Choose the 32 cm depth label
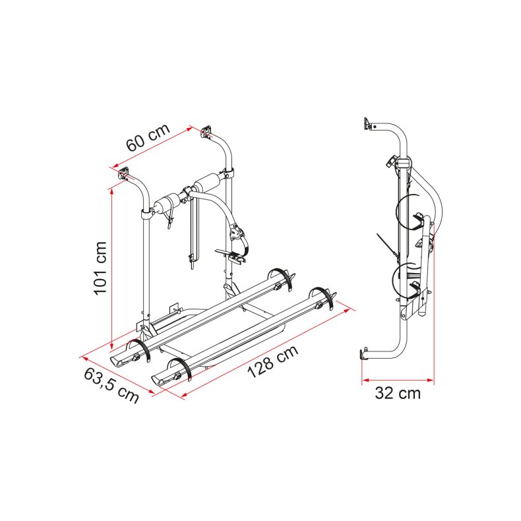tap(397, 394)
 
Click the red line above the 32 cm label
tap(397, 381)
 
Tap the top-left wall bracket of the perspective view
tap(125, 173)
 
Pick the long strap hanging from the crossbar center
tap(192, 231)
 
